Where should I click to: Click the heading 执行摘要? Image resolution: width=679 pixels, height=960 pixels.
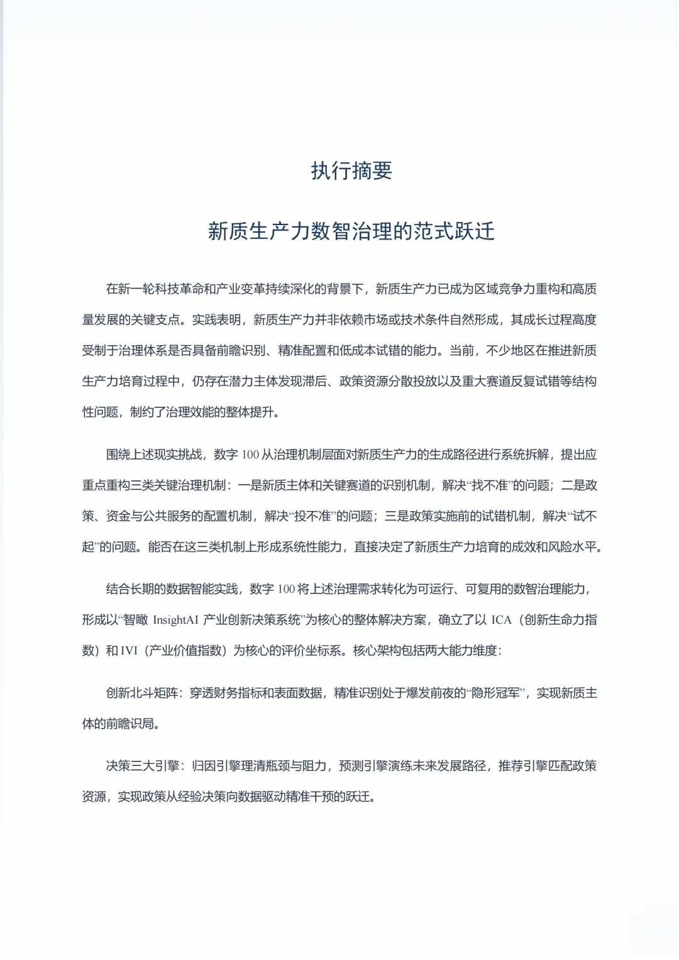point(351,171)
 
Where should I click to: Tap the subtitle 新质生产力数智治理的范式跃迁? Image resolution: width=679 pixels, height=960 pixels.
point(351,231)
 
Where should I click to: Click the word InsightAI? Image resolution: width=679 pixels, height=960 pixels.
point(175,620)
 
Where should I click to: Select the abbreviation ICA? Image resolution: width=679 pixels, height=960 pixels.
point(501,620)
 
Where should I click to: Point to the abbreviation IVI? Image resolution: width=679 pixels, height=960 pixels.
point(128,651)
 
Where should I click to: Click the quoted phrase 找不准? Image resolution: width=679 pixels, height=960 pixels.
point(489,485)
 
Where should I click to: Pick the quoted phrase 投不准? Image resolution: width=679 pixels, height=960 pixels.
point(312,516)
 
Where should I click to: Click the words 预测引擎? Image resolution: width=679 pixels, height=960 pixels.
point(363,766)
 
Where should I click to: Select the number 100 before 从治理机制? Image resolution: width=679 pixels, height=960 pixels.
point(250,455)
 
